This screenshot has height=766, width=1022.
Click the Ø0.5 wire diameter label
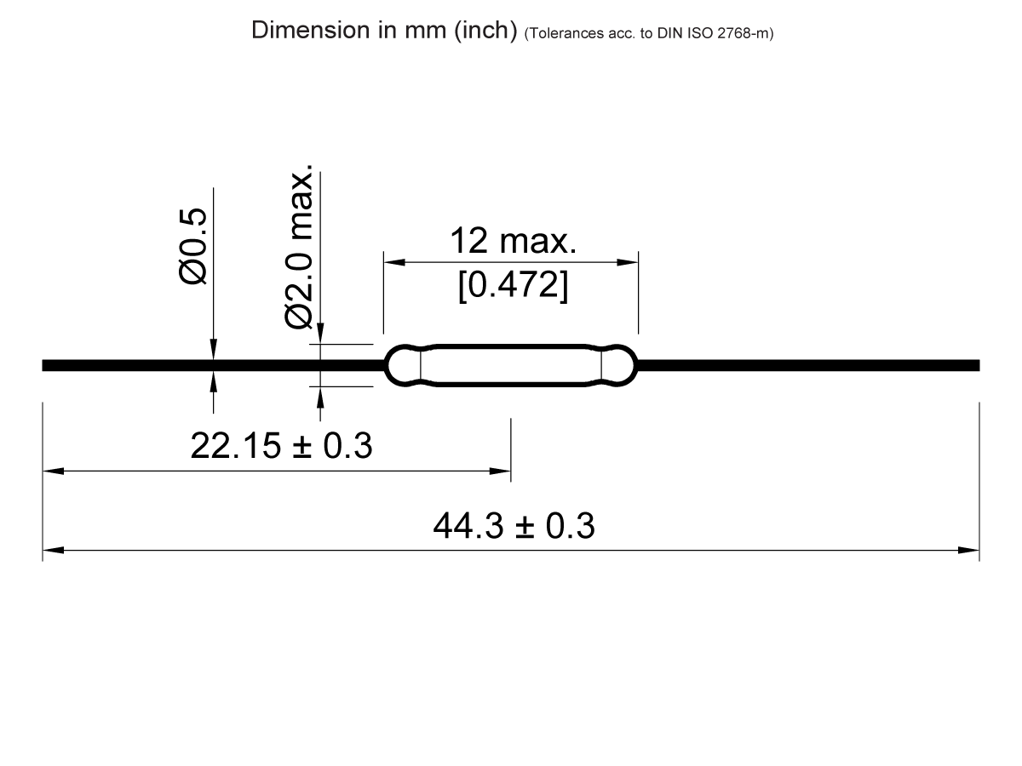[193, 246]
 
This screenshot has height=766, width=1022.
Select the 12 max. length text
[513, 242]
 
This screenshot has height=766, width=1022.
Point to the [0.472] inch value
[512, 286]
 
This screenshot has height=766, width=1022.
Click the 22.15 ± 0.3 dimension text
[281, 447]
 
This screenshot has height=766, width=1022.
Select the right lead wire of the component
[809, 366]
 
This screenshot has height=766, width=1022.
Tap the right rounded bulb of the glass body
[619, 365]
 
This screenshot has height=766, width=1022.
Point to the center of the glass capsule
[511, 365]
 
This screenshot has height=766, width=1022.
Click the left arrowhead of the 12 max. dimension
[393, 262]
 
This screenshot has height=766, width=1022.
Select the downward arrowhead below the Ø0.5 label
[213, 351]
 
